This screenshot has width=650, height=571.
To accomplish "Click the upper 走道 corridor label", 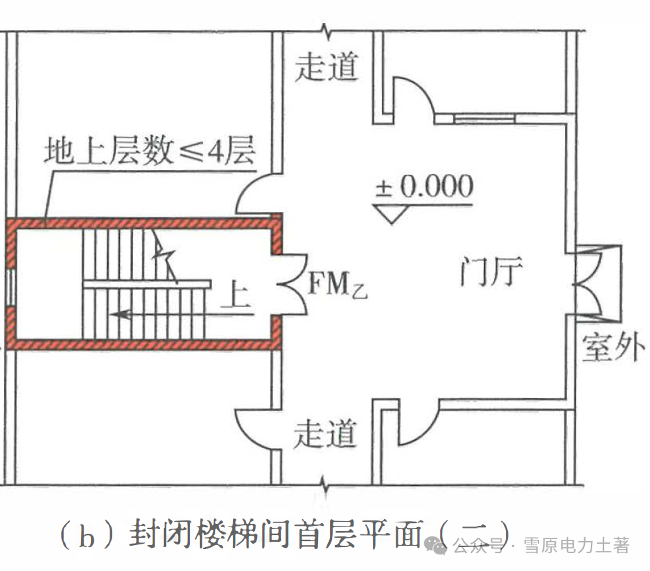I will tap(327, 67).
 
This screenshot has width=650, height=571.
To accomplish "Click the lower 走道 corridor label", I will tap(325, 435).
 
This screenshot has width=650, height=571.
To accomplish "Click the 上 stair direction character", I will tap(236, 296).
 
